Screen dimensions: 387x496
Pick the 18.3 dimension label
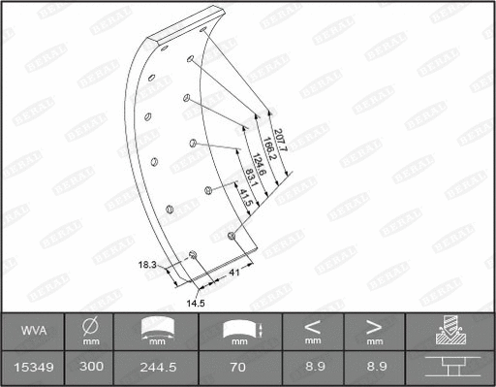pyautogui.click(x=146, y=264)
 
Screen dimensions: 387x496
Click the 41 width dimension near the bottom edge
pyautogui.click(x=234, y=274)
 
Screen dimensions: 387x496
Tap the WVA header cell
pyautogui.click(x=32, y=332)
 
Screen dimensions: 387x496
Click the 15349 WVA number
pyautogui.click(x=32, y=369)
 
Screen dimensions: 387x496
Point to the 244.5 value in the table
pyautogui.click(x=155, y=369)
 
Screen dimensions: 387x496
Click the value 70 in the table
pyautogui.click(x=236, y=369)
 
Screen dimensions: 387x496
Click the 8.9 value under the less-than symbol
pyautogui.click(x=312, y=369)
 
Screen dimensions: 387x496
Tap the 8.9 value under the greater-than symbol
pyautogui.click(x=373, y=369)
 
